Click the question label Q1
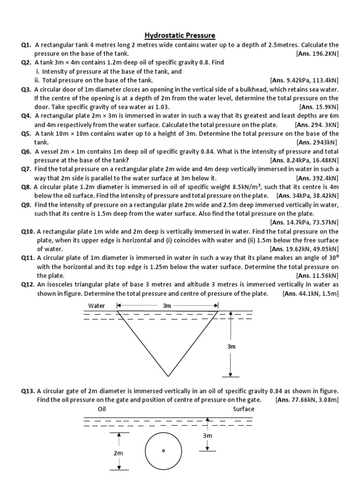(26, 45)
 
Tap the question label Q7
(26, 169)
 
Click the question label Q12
(28, 285)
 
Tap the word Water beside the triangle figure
(97, 306)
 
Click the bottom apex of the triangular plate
(168, 376)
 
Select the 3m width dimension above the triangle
(167, 306)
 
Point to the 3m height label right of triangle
(231, 346)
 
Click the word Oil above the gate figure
(102, 409)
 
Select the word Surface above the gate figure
(243, 409)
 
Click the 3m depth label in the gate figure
(208, 435)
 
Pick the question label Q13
(28, 390)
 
